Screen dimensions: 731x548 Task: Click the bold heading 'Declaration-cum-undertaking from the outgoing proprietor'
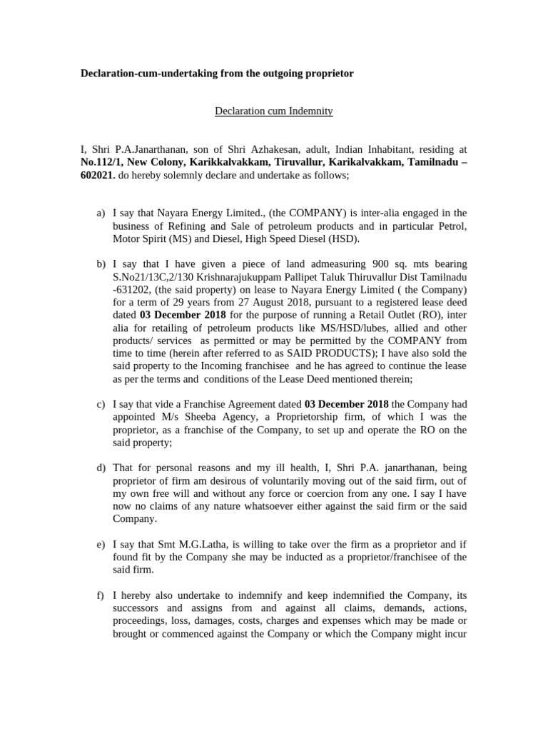click(216, 74)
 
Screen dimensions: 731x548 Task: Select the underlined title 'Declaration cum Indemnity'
click(273, 111)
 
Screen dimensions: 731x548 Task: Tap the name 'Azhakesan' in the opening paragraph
click(282, 149)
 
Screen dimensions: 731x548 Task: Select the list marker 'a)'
click(101, 213)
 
